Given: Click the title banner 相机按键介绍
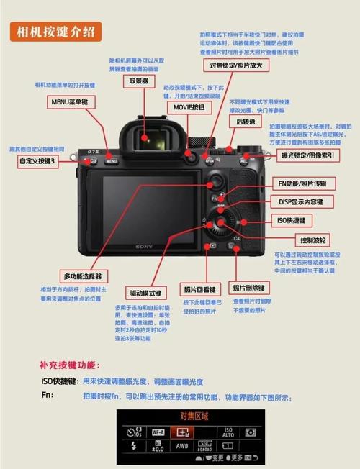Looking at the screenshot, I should pos(56,32).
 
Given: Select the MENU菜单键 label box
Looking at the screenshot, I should pos(70,102).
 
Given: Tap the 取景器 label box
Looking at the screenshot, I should pos(138,82).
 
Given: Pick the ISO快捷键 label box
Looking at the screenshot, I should pos(291,220).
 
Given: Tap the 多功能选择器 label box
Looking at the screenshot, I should pos(85,276).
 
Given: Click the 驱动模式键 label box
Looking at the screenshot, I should pos(145,293).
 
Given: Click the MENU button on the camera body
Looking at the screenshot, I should pos(111,160).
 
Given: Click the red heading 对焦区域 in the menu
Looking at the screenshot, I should pos(194,416).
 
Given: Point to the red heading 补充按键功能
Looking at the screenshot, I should pos(70,365).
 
